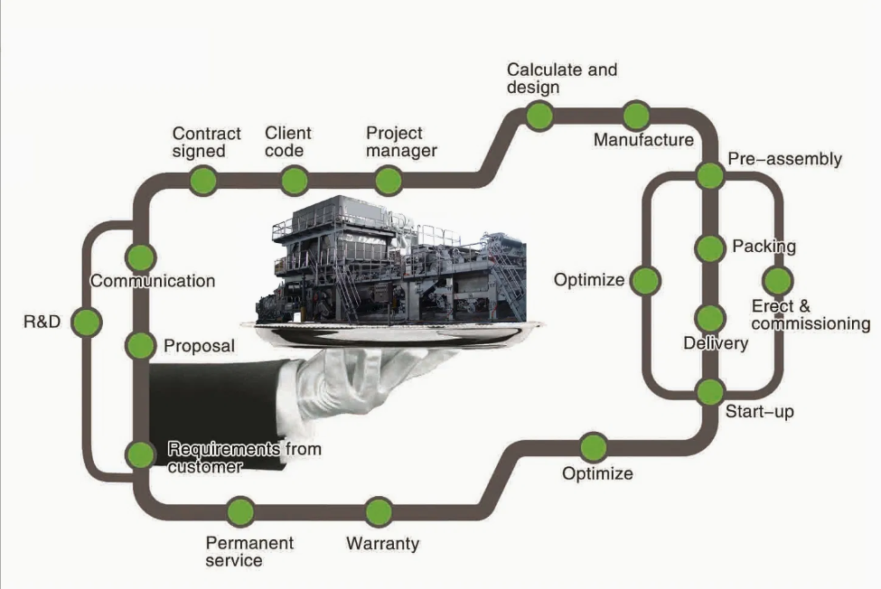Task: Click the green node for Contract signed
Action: (203, 181)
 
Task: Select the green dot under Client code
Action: (295, 181)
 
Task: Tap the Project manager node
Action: (389, 181)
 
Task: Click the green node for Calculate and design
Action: (539, 116)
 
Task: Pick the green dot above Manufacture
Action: (636, 116)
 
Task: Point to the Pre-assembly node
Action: (710, 175)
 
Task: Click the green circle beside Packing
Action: (710, 247)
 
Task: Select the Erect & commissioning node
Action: (777, 281)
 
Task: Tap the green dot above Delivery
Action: (710, 318)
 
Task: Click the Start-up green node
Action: (710, 392)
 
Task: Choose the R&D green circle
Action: (86, 322)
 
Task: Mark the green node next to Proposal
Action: (141, 345)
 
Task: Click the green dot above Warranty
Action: (380, 512)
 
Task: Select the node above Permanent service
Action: (240, 512)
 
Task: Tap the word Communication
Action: (153, 281)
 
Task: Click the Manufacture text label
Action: (643, 140)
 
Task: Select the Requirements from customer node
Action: (141, 454)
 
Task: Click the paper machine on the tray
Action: (389, 262)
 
